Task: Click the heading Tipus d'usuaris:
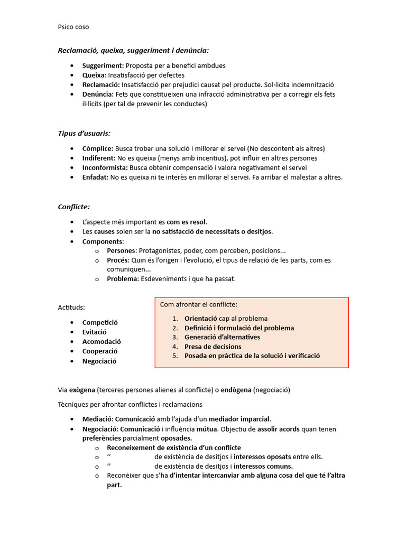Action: (84, 133)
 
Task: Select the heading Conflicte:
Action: (73, 207)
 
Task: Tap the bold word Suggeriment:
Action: (103, 66)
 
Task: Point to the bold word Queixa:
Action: (94, 75)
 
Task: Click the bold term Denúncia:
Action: (98, 94)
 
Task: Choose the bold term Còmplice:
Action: (97, 148)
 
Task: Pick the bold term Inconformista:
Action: (105, 167)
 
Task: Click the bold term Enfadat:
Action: (95, 177)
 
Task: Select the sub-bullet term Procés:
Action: (118, 260)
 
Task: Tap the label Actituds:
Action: (71, 307)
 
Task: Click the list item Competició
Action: (100, 322)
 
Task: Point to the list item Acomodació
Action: (101, 341)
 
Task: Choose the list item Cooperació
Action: (100, 351)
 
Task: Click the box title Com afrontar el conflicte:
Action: (198, 305)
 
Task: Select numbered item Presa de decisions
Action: (213, 347)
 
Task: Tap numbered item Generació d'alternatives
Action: (222, 337)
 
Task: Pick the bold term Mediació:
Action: (100, 419)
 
